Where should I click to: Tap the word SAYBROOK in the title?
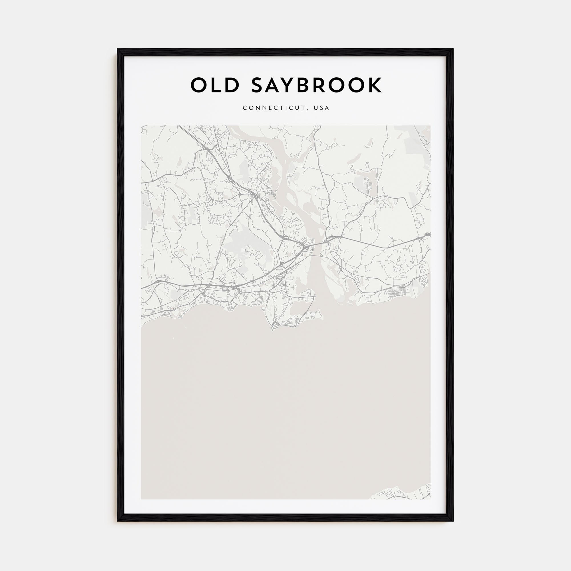point(317,85)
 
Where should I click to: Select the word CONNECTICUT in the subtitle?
point(274,108)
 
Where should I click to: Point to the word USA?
point(321,108)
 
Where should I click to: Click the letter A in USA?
point(327,108)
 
